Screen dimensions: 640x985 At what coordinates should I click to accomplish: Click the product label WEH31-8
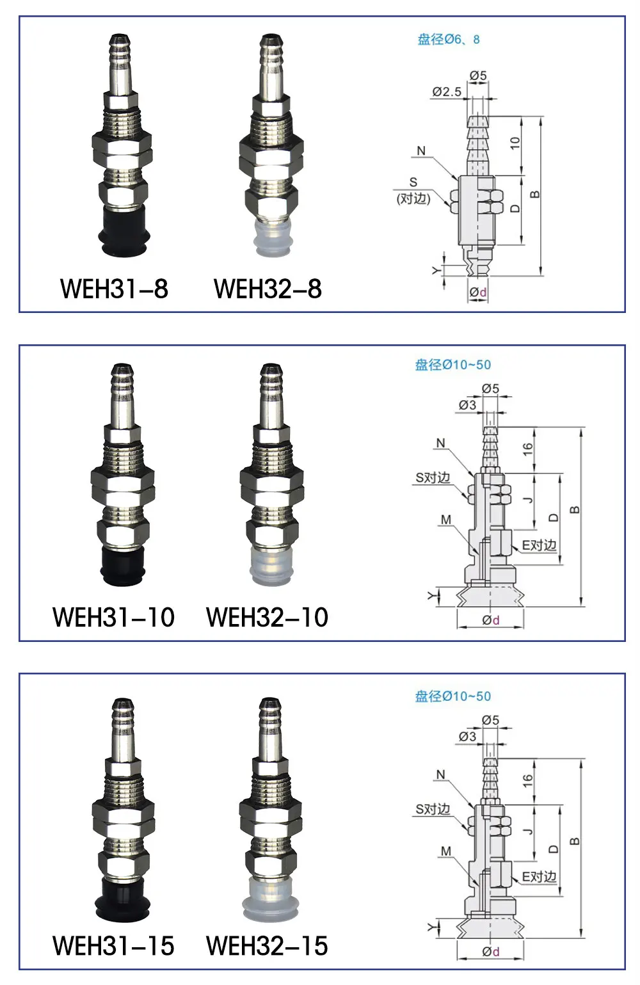114,289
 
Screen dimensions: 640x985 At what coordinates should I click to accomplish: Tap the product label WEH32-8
268,289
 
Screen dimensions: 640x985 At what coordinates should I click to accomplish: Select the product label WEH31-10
113,618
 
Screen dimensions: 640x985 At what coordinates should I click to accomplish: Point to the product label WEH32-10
267,618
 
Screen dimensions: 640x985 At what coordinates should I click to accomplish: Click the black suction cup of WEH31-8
124,230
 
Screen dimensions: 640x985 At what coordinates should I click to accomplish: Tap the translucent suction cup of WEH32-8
271,238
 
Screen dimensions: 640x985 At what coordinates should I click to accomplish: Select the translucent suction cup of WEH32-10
271,566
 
